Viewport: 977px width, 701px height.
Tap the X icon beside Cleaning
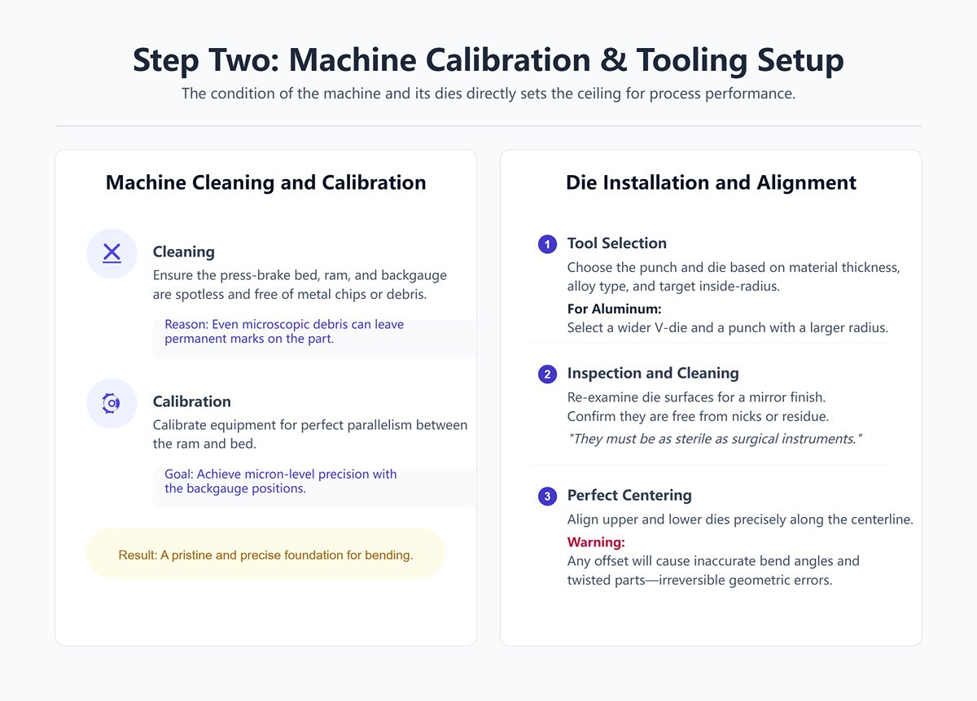[x=112, y=253]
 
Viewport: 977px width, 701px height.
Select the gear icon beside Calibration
[x=112, y=402]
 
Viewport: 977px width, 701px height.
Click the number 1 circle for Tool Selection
[x=547, y=244]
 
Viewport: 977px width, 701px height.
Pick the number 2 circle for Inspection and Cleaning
[x=547, y=375]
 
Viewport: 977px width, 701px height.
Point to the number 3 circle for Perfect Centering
[x=547, y=497]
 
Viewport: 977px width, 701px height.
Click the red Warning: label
[x=595, y=542]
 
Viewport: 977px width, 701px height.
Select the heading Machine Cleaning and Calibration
[x=265, y=182]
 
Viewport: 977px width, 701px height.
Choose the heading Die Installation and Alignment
[x=711, y=182]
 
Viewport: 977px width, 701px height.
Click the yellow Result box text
[x=265, y=555]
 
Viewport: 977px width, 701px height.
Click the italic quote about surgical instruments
[x=714, y=439]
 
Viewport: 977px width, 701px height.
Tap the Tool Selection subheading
[x=616, y=243]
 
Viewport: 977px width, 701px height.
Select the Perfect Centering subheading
[x=629, y=495]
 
